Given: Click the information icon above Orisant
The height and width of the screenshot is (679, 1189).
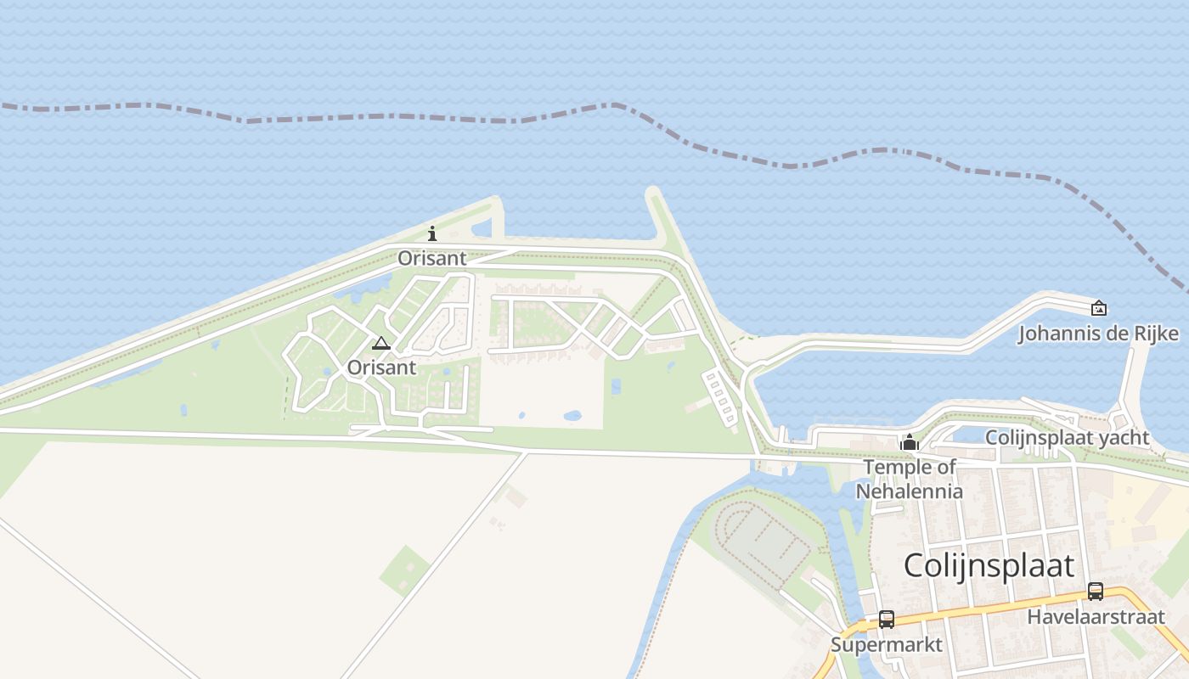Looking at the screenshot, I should pos(432,233).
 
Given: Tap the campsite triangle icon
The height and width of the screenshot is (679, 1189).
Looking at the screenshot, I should pos(381,343).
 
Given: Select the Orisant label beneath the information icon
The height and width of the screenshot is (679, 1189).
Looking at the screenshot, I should pos(432,258).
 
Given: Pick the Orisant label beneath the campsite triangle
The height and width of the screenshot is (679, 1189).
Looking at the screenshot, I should pos(381,368).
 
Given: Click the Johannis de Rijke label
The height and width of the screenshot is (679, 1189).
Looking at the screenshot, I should pos(1098,334).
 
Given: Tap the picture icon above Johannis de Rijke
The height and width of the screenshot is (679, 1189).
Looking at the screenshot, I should pos(1098,308).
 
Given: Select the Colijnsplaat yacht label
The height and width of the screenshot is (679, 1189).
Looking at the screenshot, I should pos(1067,438).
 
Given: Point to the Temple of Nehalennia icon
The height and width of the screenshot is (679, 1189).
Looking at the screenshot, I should pos(910,442).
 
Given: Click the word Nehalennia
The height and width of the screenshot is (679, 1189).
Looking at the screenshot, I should pos(909,491).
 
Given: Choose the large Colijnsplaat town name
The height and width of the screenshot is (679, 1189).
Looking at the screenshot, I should pos(989,565).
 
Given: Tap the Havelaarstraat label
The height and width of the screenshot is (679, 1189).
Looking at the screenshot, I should pos(1096,616).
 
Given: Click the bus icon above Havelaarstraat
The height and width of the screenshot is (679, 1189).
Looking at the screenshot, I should pos(1096,592).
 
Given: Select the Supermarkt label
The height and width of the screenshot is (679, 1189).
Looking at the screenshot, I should pos(886,644).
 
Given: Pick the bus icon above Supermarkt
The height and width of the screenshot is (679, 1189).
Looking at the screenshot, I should pos(886,620).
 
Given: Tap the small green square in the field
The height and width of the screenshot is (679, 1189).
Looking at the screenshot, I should pos(405,570).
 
